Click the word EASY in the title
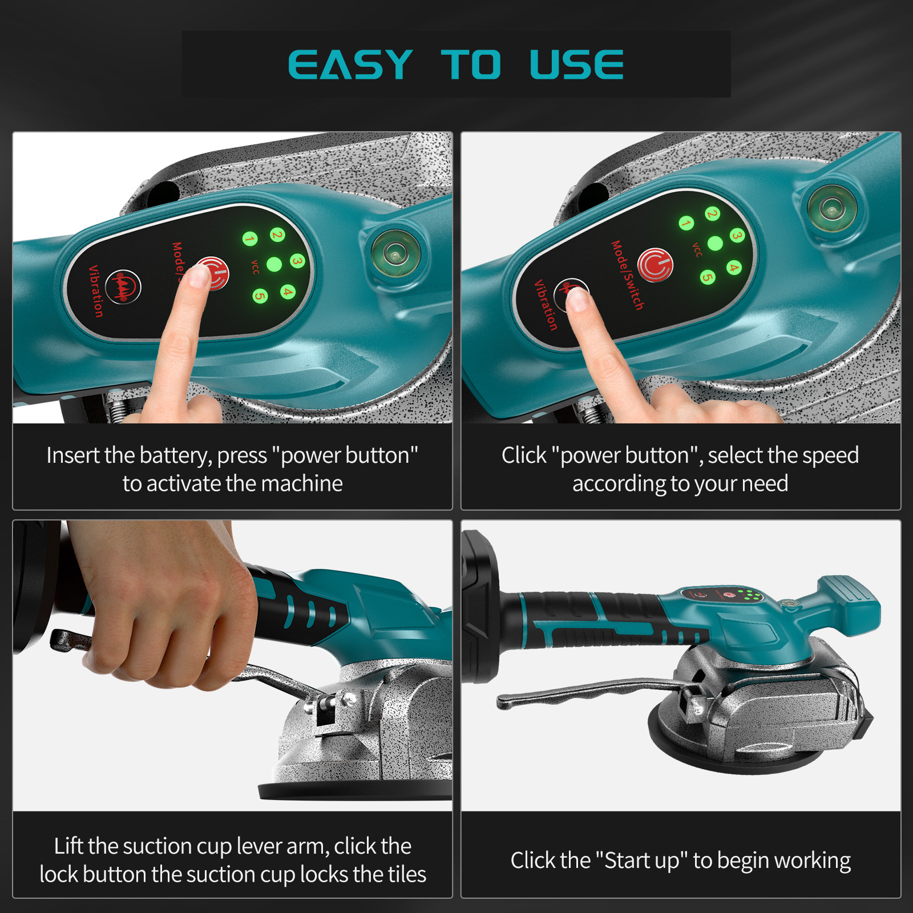(350, 64)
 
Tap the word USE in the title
(576, 64)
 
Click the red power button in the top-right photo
(655, 265)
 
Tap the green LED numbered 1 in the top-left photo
(249, 239)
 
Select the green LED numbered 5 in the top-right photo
(708, 277)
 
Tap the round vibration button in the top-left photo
(123, 286)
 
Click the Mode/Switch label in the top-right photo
(627, 275)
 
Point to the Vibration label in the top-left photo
(95, 291)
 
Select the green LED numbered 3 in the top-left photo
(297, 261)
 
